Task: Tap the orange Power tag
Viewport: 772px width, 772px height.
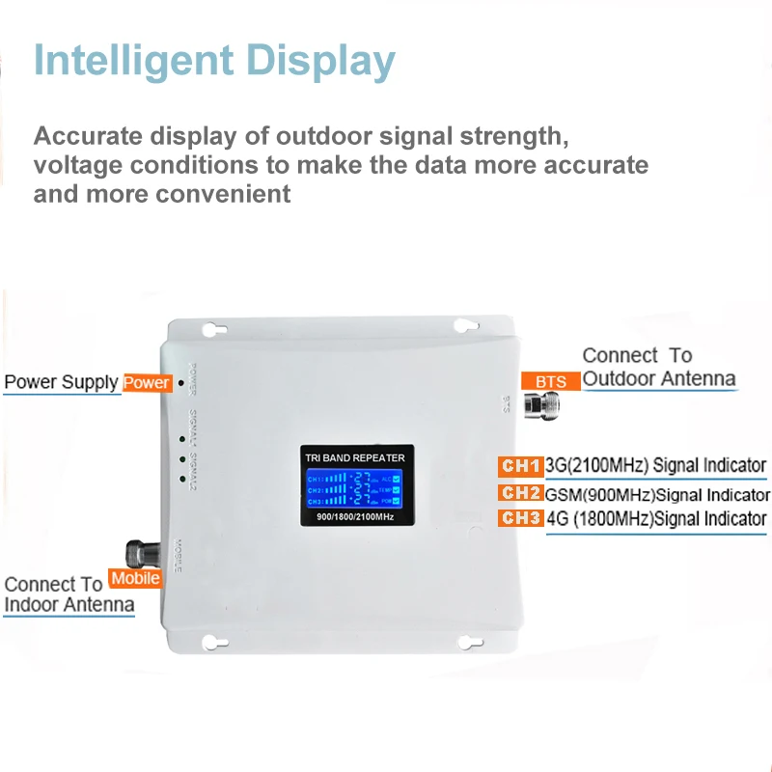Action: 147,383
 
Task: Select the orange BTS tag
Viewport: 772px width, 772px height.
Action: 551,382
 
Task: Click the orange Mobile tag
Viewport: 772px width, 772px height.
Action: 135,579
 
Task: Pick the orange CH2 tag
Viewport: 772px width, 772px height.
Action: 520,494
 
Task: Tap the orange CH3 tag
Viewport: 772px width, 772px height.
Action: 520,519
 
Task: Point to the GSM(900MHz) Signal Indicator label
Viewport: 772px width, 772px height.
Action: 658,495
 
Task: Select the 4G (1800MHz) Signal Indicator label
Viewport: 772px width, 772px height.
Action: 656,519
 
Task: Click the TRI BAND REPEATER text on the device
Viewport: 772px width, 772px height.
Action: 354,457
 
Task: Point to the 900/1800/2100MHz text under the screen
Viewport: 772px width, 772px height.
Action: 354,520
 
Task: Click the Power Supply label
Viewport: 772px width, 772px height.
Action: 61,382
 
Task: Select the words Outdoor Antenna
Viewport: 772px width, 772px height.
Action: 659,379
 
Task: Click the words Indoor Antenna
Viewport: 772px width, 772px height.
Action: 69,605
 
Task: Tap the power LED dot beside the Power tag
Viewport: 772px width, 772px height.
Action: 180,383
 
